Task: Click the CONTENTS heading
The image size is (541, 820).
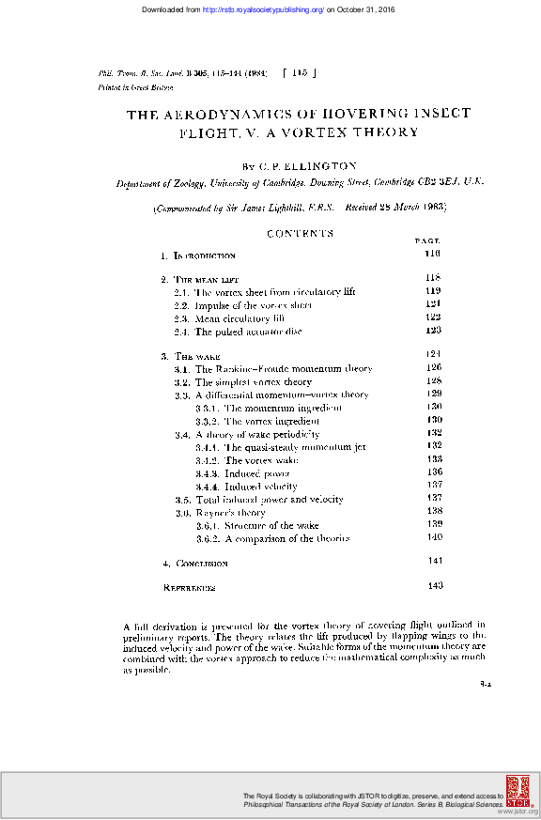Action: coord(300,233)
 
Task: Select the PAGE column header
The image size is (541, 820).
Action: coord(427,242)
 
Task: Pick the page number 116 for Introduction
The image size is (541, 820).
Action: coord(433,255)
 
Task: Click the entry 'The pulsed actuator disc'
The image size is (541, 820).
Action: coord(248,332)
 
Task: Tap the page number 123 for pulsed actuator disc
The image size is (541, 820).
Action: coord(433,331)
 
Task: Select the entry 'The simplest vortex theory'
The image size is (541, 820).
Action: coord(254,382)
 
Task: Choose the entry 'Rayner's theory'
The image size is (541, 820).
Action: coord(229,513)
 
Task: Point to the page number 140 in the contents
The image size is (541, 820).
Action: coord(434,537)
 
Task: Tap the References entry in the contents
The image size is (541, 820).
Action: coord(190,588)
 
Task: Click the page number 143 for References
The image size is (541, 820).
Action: coord(434,586)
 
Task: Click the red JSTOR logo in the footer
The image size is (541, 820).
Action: coord(517,791)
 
